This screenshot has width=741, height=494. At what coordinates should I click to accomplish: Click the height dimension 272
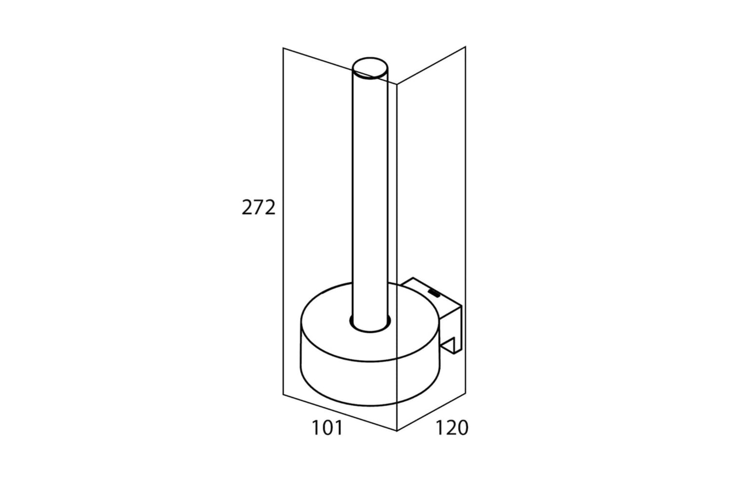pyautogui.click(x=258, y=208)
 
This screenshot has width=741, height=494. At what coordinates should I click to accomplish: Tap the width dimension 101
pyautogui.click(x=328, y=427)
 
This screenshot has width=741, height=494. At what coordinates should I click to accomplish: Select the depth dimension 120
pyautogui.click(x=452, y=427)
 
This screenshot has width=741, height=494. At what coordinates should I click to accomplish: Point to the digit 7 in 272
pyautogui.click(x=258, y=208)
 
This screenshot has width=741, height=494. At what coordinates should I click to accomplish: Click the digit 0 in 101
pyautogui.click(x=328, y=427)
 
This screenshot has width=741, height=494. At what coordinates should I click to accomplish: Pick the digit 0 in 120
pyautogui.click(x=462, y=427)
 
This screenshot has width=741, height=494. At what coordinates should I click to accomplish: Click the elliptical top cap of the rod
pyautogui.click(x=370, y=68)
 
